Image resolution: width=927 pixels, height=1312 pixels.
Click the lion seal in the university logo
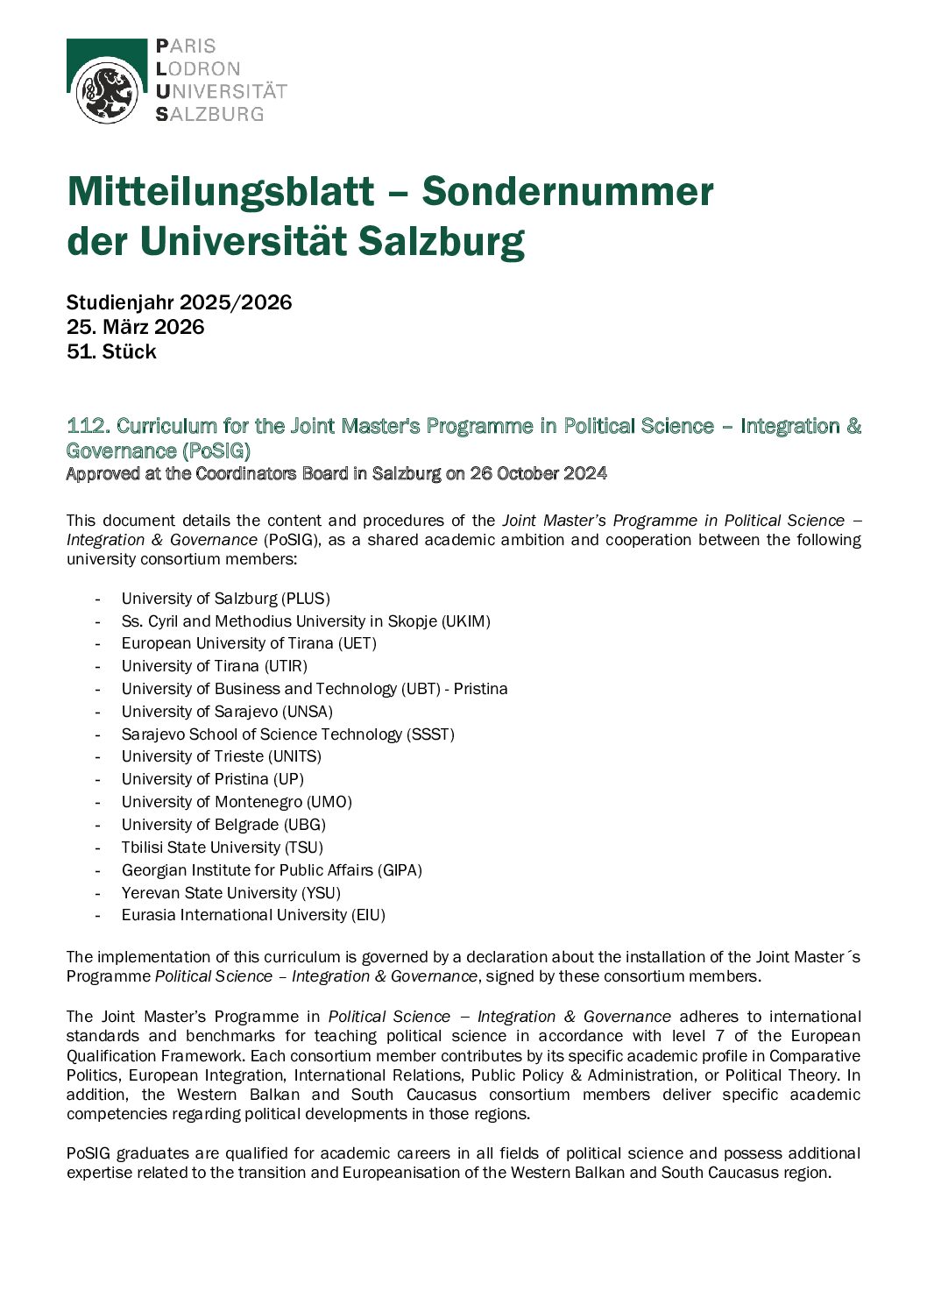coord(107,91)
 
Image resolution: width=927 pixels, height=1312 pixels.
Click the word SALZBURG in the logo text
coord(209,114)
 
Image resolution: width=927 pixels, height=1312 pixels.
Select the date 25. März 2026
coord(135,327)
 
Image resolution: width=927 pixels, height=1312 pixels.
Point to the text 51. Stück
coord(111,351)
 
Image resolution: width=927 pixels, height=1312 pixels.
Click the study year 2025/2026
coord(235,302)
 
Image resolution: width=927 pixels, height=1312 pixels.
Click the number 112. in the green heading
coord(88,426)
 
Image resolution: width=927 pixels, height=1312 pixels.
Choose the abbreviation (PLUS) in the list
coord(305,599)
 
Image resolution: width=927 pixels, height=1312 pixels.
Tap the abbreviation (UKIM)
coord(466,621)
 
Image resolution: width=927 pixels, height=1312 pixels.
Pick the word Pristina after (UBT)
coord(480,689)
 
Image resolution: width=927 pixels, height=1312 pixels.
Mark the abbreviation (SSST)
coord(430,734)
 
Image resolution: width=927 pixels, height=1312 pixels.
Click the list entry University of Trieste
coord(193,756)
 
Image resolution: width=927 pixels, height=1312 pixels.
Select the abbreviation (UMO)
coord(329,802)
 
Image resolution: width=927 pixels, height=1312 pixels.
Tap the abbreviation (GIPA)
coord(400,870)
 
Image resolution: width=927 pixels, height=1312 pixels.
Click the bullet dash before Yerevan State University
coord(99,893)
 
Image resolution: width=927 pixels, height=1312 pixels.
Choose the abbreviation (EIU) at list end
coord(368,915)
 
